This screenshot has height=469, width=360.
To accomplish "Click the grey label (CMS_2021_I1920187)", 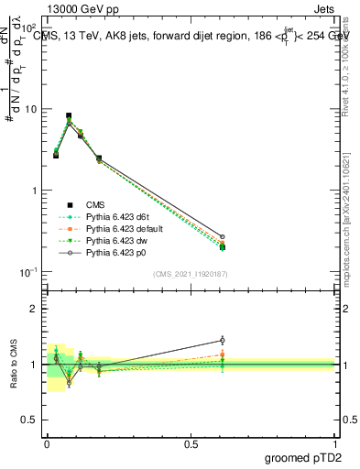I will click(x=191, y=274).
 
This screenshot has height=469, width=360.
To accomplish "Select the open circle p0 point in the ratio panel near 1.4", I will click(x=222, y=340).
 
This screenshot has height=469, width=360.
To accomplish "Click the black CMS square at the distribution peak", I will click(x=69, y=116).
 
